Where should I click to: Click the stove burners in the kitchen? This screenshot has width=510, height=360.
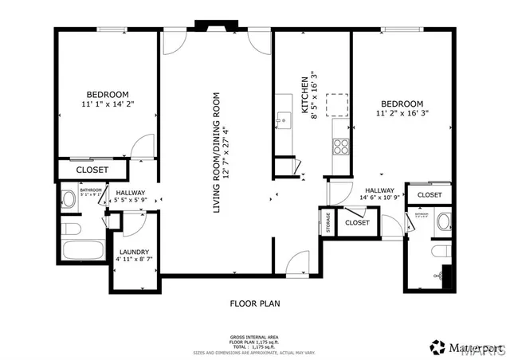pos(341,146)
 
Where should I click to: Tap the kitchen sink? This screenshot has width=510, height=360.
pos(282,119)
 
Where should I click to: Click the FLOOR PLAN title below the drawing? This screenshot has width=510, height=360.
pos(254,303)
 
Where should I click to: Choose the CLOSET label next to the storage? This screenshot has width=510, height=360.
pos(356,223)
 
